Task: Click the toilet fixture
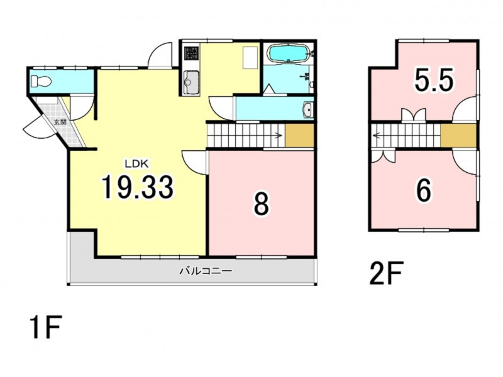coord(41,81)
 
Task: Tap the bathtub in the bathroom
coord(288,53)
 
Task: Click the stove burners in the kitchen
coord(192,53)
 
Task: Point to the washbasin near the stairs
coord(307,111)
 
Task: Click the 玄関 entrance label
coord(60,122)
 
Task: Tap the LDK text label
coord(136,164)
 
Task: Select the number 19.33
coord(137,187)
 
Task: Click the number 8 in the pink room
coord(261,205)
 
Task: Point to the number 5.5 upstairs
coord(434,80)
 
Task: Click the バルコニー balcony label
coord(206,271)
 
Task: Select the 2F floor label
coord(386,273)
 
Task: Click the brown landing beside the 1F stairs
coord(299,136)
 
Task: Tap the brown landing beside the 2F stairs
coord(458,135)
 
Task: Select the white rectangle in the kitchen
coord(250,57)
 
